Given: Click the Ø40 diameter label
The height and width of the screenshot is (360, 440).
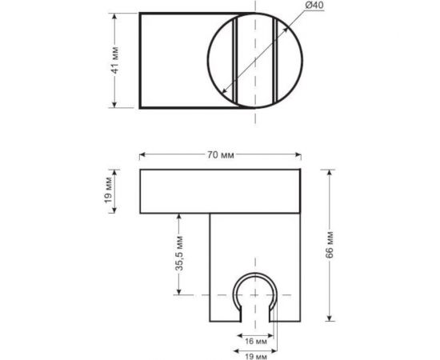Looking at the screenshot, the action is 314,6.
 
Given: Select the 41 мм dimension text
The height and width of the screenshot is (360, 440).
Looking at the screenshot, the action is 115,61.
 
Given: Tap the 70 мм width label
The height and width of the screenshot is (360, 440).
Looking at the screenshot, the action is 221,155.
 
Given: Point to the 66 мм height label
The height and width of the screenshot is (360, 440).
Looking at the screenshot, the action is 330,245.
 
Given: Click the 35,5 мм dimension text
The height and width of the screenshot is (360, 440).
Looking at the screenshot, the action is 179,254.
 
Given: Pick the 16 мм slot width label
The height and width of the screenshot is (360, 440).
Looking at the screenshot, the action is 256,342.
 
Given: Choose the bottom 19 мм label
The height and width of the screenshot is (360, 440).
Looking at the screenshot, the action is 256,357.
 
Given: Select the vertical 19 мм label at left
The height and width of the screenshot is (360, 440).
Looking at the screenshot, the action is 108,190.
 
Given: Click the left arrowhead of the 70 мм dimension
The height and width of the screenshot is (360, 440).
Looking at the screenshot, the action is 142,154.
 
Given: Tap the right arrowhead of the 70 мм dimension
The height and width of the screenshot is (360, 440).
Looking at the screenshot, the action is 298,154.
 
